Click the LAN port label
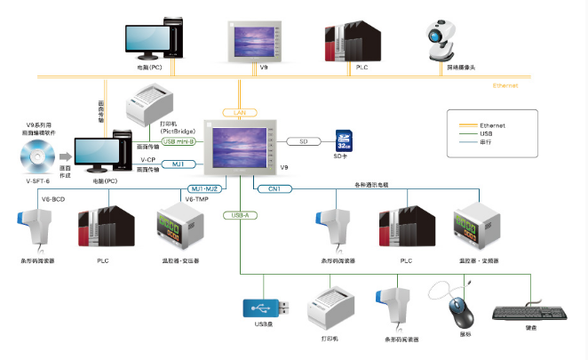click(x=239, y=113)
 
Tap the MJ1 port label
click(x=179, y=164)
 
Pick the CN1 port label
click(x=274, y=188)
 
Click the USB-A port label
click(x=241, y=215)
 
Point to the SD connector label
click(x=303, y=141)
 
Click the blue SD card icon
click(x=344, y=141)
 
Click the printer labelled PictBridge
click(x=150, y=104)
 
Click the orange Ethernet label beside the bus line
click(x=505, y=86)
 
